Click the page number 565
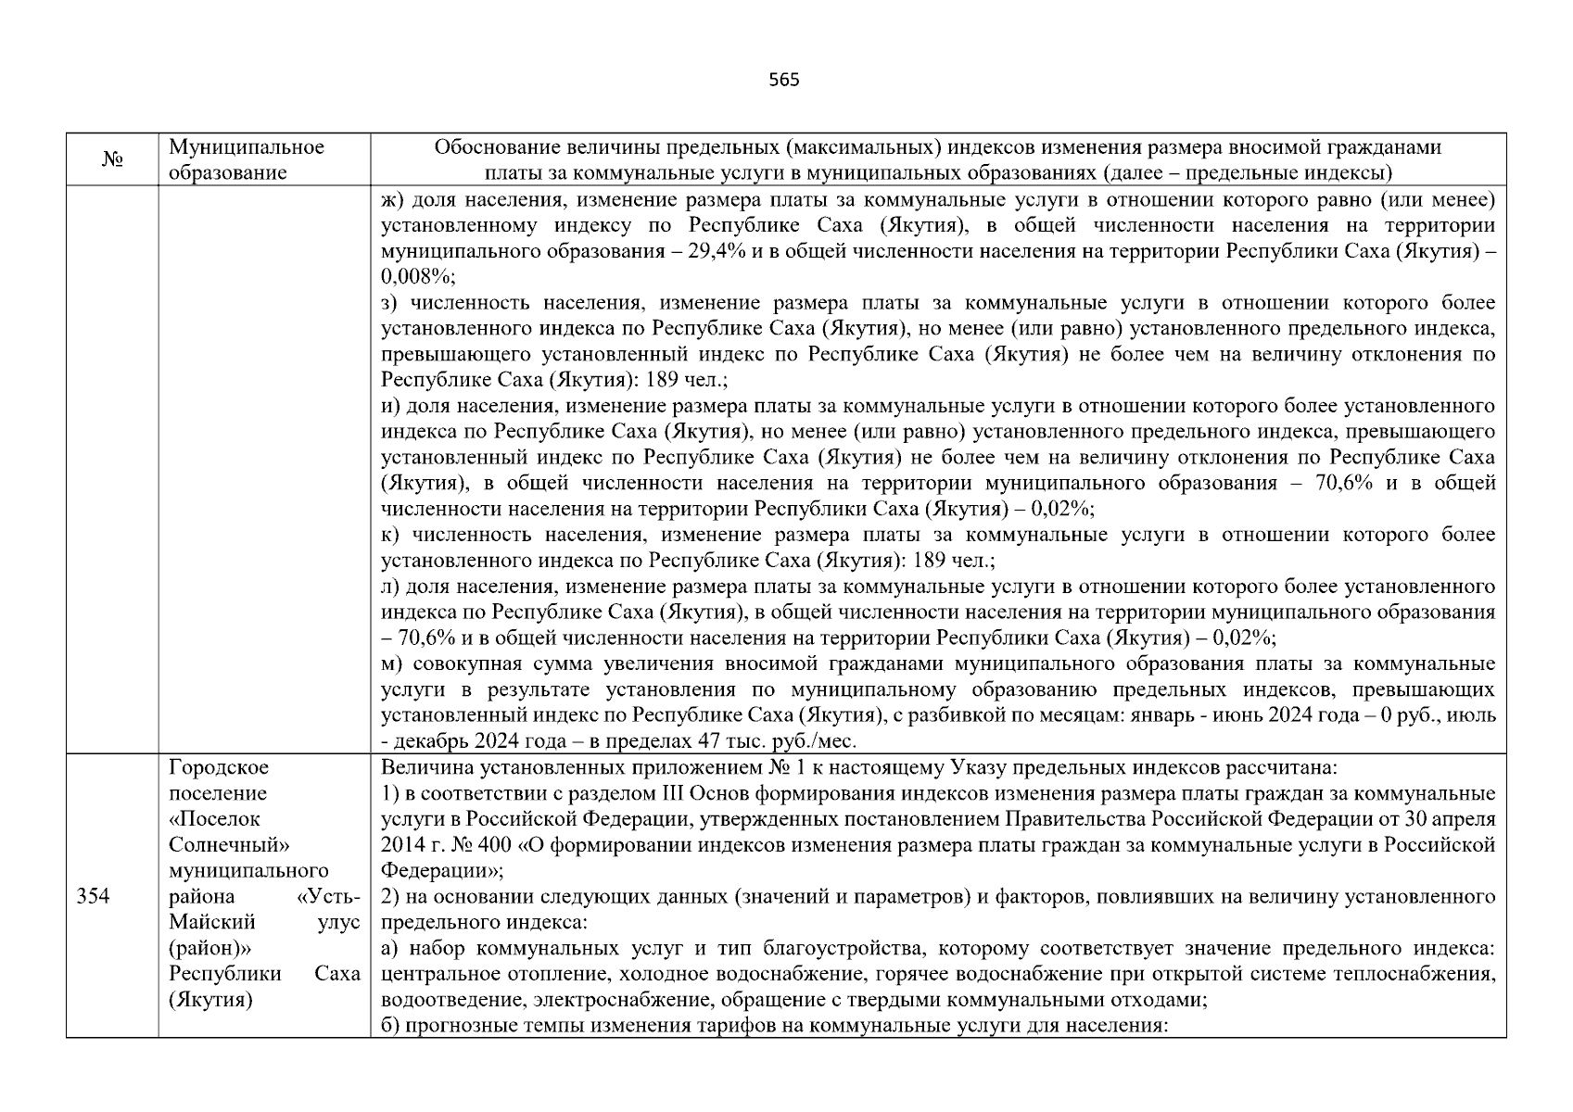(784, 80)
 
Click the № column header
(112, 160)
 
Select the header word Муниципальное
(247, 147)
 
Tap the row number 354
(93, 896)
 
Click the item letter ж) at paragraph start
(391, 199)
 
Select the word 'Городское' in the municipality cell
(219, 767)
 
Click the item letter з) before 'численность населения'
(390, 303)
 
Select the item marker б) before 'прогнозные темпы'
(390, 1026)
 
